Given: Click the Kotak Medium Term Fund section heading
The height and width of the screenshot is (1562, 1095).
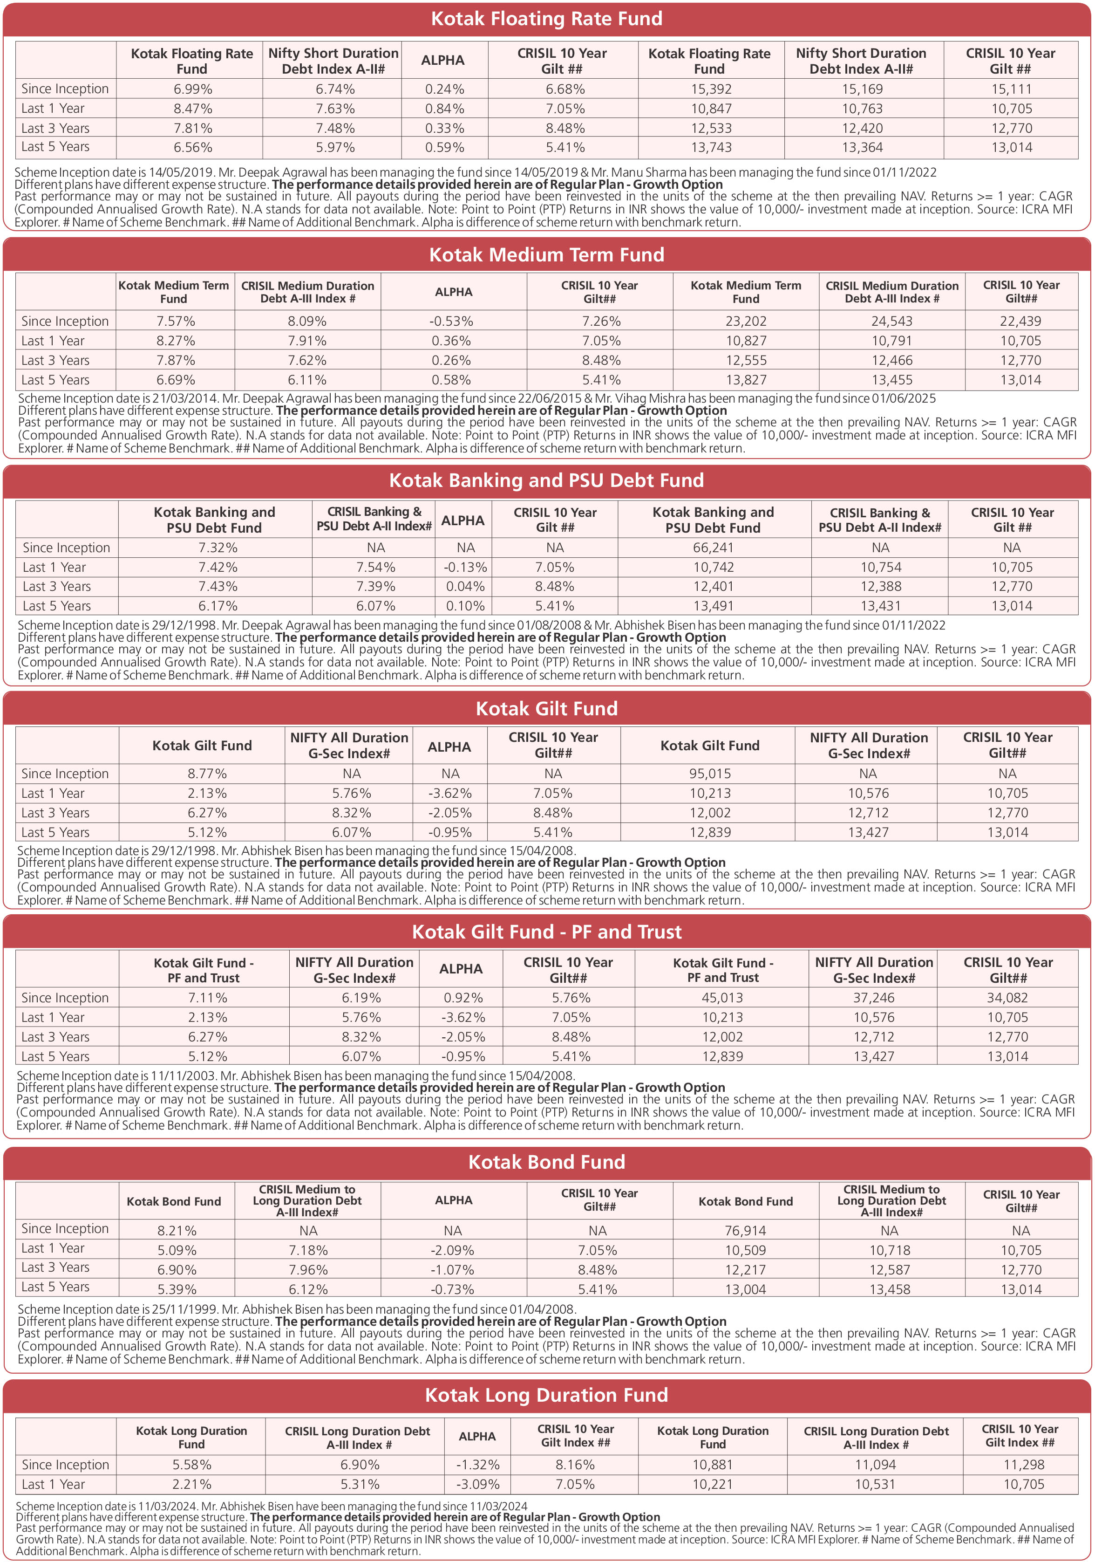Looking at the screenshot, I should pyautogui.click(x=547, y=255).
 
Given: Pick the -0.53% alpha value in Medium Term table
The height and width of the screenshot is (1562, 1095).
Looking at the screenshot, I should pyautogui.click(x=453, y=321).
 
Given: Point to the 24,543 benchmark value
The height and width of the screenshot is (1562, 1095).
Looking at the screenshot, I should pyautogui.click(x=891, y=321).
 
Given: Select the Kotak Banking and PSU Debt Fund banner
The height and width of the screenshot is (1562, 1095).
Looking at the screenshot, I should pyautogui.click(x=547, y=480).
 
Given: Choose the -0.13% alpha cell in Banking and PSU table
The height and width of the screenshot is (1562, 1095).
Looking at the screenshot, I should pyautogui.click(x=465, y=568).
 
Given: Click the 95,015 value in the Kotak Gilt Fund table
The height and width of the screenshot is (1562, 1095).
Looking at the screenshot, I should pyautogui.click(x=710, y=774).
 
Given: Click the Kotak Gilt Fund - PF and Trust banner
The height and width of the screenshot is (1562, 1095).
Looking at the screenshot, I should pyautogui.click(x=547, y=932).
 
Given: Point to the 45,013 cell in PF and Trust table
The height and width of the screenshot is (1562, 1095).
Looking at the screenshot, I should pyautogui.click(x=722, y=998).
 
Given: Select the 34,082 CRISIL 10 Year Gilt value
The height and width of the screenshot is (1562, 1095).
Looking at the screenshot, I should pyautogui.click(x=1008, y=998).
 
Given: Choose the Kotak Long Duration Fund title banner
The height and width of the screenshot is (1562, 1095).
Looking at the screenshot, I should pyautogui.click(x=547, y=1395).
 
